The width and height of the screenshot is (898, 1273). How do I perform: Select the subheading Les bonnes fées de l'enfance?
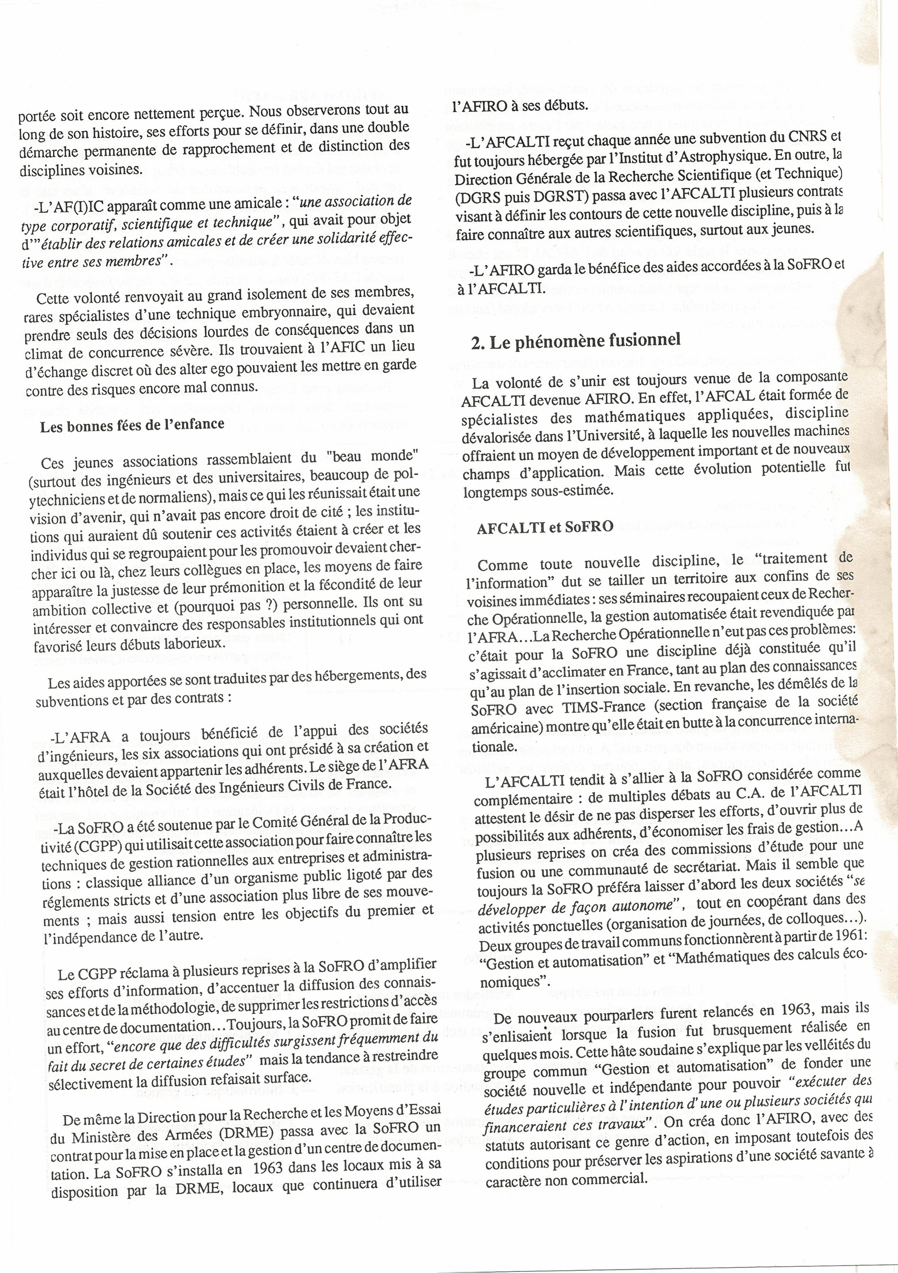coord(132,424)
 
